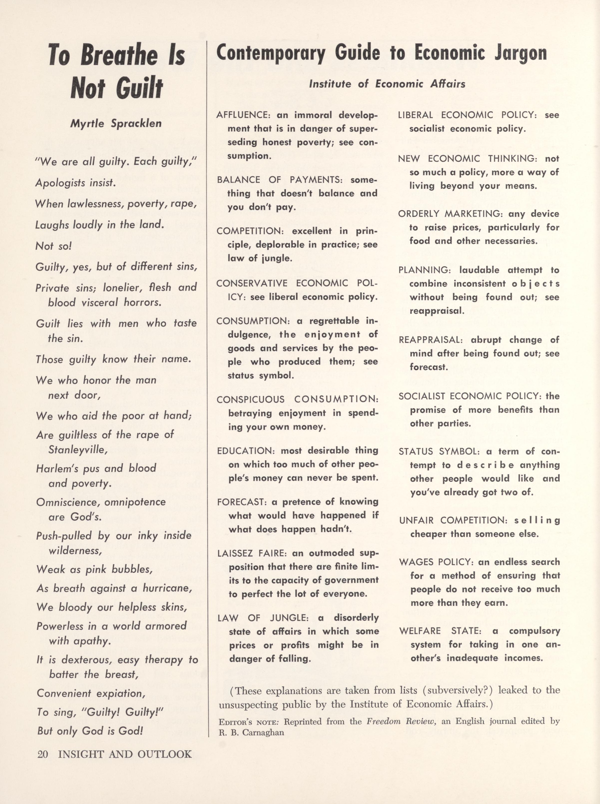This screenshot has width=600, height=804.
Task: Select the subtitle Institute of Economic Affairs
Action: (x=387, y=84)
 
